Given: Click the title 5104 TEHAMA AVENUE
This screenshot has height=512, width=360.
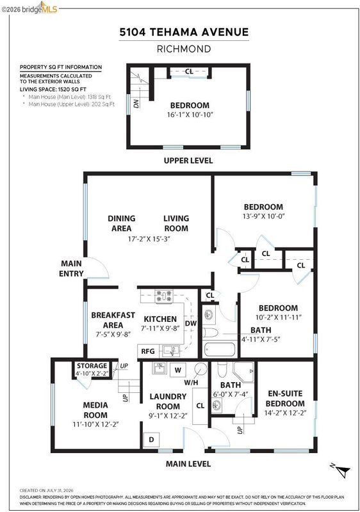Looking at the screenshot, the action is point(184,32).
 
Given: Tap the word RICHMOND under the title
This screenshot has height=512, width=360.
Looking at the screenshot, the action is point(184,49).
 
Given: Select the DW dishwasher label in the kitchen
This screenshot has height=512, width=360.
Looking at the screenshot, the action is point(191,323).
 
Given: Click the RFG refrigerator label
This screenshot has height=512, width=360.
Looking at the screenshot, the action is point(148,351).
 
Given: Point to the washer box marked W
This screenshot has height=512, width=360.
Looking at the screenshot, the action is point(177,370).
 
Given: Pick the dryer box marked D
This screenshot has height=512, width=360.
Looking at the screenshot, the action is point(151,440).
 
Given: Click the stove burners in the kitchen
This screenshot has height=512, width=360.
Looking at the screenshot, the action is point(164,296).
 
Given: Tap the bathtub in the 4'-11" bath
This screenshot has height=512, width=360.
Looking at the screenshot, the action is point(220,349).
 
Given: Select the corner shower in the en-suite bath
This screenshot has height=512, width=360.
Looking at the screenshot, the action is point(243,372).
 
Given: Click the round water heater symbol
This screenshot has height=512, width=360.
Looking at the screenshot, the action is point(200,369).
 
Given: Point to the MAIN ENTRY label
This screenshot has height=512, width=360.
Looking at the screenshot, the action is point(71,268).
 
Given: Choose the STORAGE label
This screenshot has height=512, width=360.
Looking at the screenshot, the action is point(92,365).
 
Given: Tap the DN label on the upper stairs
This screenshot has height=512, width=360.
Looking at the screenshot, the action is point(136,103).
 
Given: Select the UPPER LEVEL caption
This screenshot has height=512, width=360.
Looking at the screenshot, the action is point(188,161).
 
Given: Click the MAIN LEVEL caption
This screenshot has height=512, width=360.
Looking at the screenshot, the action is point(188,464).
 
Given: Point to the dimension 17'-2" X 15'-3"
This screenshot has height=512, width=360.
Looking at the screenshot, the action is point(149,239).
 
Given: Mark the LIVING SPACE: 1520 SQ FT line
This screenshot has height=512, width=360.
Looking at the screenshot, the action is point(53,89).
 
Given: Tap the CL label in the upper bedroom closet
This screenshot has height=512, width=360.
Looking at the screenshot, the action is point(189,71).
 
